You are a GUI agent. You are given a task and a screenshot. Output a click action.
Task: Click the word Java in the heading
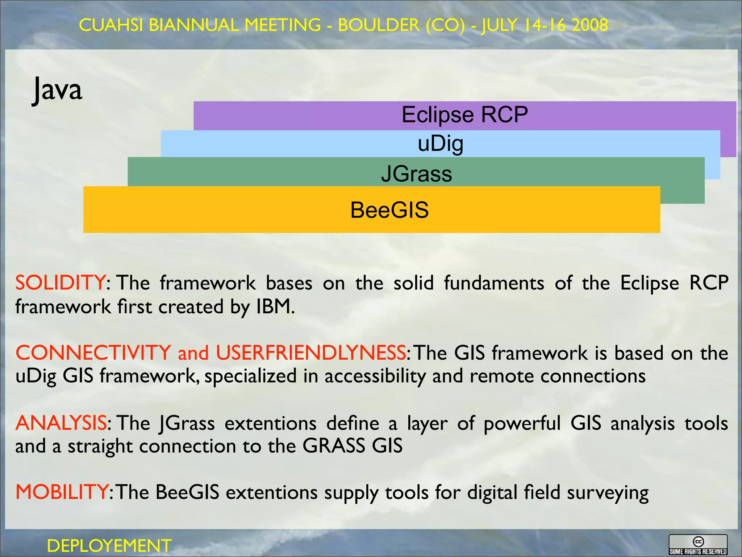point(57,90)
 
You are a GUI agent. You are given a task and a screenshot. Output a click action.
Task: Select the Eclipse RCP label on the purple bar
point(464,115)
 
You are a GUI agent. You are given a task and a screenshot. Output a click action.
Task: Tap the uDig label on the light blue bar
point(440,144)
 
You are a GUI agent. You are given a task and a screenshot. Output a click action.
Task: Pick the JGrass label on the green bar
point(417,174)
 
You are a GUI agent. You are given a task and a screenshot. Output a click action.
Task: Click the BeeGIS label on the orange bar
point(389,210)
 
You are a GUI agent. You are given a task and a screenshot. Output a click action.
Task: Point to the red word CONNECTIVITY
point(93,352)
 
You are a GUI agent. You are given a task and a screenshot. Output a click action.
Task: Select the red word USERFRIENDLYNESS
point(311,352)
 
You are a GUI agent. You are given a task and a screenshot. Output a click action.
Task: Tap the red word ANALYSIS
point(61,423)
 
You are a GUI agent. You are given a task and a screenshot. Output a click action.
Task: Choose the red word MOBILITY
point(62,492)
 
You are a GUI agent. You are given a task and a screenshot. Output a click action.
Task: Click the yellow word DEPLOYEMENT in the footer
point(109,546)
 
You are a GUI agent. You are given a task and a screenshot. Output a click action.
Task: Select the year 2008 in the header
point(590,25)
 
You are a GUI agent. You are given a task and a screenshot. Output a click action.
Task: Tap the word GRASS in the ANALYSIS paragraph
point(334,446)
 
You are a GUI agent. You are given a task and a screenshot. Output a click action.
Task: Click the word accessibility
point(375,376)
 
